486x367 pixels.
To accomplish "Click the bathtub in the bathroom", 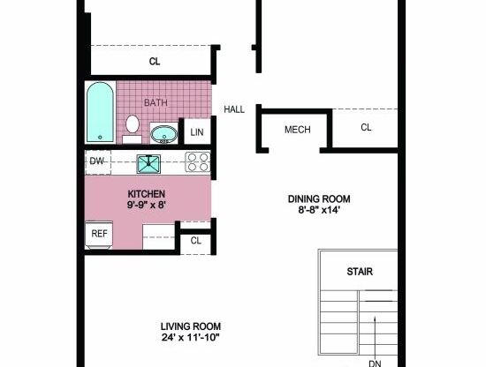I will coord(100,112).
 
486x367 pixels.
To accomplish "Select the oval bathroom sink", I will coord(163,134).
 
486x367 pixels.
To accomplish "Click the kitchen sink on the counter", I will coord(147,162).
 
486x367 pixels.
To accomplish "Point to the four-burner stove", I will coord(197,162).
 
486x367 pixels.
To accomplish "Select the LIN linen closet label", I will coord(196,132).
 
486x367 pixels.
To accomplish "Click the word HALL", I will coord(234,109).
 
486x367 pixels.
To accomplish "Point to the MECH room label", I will coord(297,130).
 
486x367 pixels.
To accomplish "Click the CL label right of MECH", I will coord(366,128).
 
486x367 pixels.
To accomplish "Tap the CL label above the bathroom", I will coord(154,62).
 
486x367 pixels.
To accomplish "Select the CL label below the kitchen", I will coord(196,240).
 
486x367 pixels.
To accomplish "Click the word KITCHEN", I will coord(147,194).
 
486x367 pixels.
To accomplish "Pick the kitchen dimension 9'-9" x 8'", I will coord(147,206).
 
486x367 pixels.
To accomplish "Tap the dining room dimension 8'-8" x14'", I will coord(319,210).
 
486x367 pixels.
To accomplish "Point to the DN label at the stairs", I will coord(376,362).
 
